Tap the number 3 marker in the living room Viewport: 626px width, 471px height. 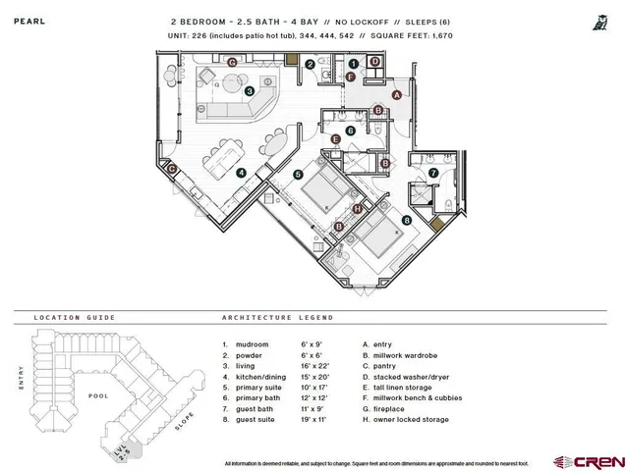[x=251, y=91]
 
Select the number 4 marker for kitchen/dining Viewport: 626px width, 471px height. [x=241, y=172]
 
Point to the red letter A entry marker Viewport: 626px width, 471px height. [x=396, y=95]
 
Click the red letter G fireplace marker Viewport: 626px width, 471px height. [x=232, y=62]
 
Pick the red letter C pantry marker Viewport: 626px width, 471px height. [x=172, y=169]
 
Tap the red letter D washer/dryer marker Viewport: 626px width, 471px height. [x=375, y=62]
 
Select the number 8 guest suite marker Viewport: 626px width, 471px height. [x=406, y=221]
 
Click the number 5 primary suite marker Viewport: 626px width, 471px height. [x=298, y=175]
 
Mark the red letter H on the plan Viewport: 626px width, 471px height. [x=357, y=208]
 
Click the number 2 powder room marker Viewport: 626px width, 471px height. [x=311, y=65]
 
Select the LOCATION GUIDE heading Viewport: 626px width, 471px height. [x=74, y=318]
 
